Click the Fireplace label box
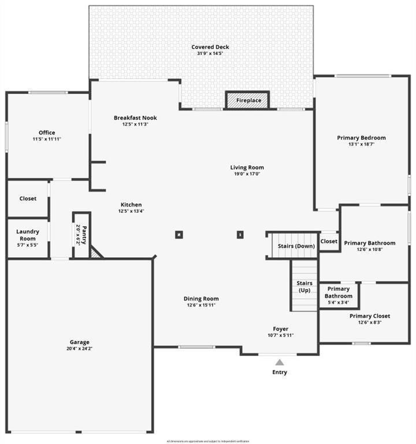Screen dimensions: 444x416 coord(247,100)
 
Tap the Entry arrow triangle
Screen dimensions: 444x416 coord(280,362)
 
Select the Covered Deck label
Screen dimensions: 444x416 coord(210,47)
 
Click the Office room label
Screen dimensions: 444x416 coord(47,132)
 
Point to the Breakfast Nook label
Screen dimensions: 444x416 coord(135,118)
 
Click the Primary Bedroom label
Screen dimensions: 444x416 coord(361,138)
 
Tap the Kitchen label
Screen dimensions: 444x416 coord(131,205)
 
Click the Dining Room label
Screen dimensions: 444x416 coord(201,298)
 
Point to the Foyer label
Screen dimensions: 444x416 coord(280,329)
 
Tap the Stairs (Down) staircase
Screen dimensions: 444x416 coord(296,246)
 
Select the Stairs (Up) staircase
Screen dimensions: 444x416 coord(304,286)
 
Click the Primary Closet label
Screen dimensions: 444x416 coord(370,316)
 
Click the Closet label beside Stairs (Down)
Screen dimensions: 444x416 coord(329,241)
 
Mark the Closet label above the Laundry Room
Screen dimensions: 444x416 coord(28,198)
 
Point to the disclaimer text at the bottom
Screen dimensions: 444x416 coord(208,441)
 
